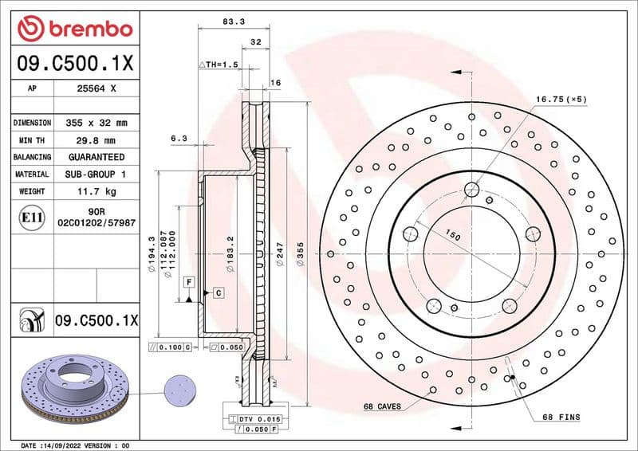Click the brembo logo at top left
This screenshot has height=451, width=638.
(74, 29)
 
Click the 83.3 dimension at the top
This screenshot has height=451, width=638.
(234, 23)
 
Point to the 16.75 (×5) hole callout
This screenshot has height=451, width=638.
(561, 99)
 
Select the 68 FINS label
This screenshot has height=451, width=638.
(561, 417)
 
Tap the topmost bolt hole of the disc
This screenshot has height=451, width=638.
(471, 190)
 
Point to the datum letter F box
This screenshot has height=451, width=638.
(189, 282)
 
